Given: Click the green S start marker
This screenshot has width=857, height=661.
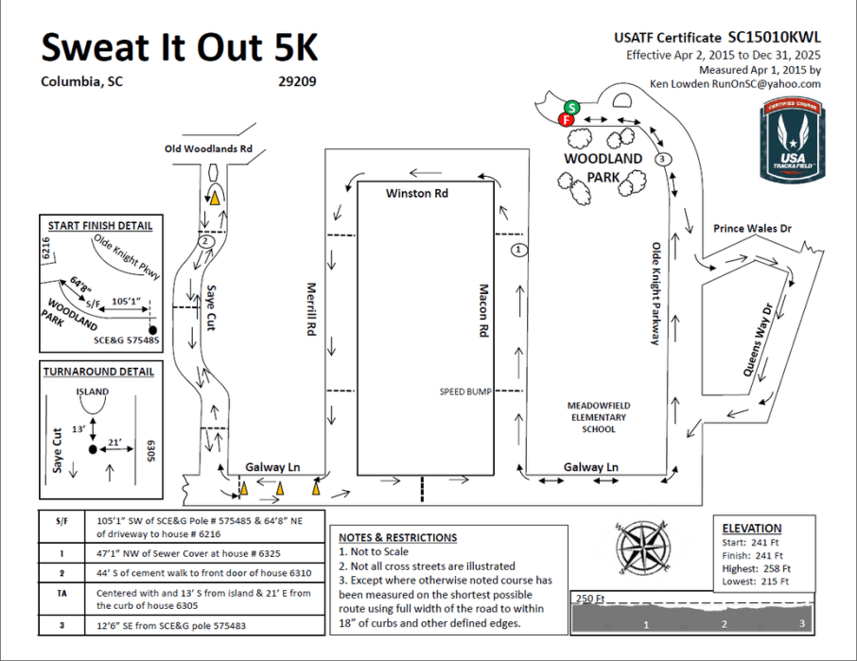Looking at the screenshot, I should [x=571, y=108].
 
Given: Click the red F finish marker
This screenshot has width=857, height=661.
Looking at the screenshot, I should [x=566, y=120].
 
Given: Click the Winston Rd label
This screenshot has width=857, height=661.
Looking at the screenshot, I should [x=416, y=193].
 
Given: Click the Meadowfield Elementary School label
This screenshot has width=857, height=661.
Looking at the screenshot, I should [x=599, y=417].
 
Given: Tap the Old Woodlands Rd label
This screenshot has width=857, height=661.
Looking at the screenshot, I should [x=208, y=148].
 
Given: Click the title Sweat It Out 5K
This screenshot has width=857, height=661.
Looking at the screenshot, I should [x=180, y=47].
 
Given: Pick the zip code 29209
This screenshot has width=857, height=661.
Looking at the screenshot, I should [x=297, y=81].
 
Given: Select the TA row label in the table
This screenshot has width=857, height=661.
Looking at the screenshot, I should [x=61, y=593].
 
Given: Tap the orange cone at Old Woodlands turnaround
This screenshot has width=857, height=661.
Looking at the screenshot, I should [x=216, y=198].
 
